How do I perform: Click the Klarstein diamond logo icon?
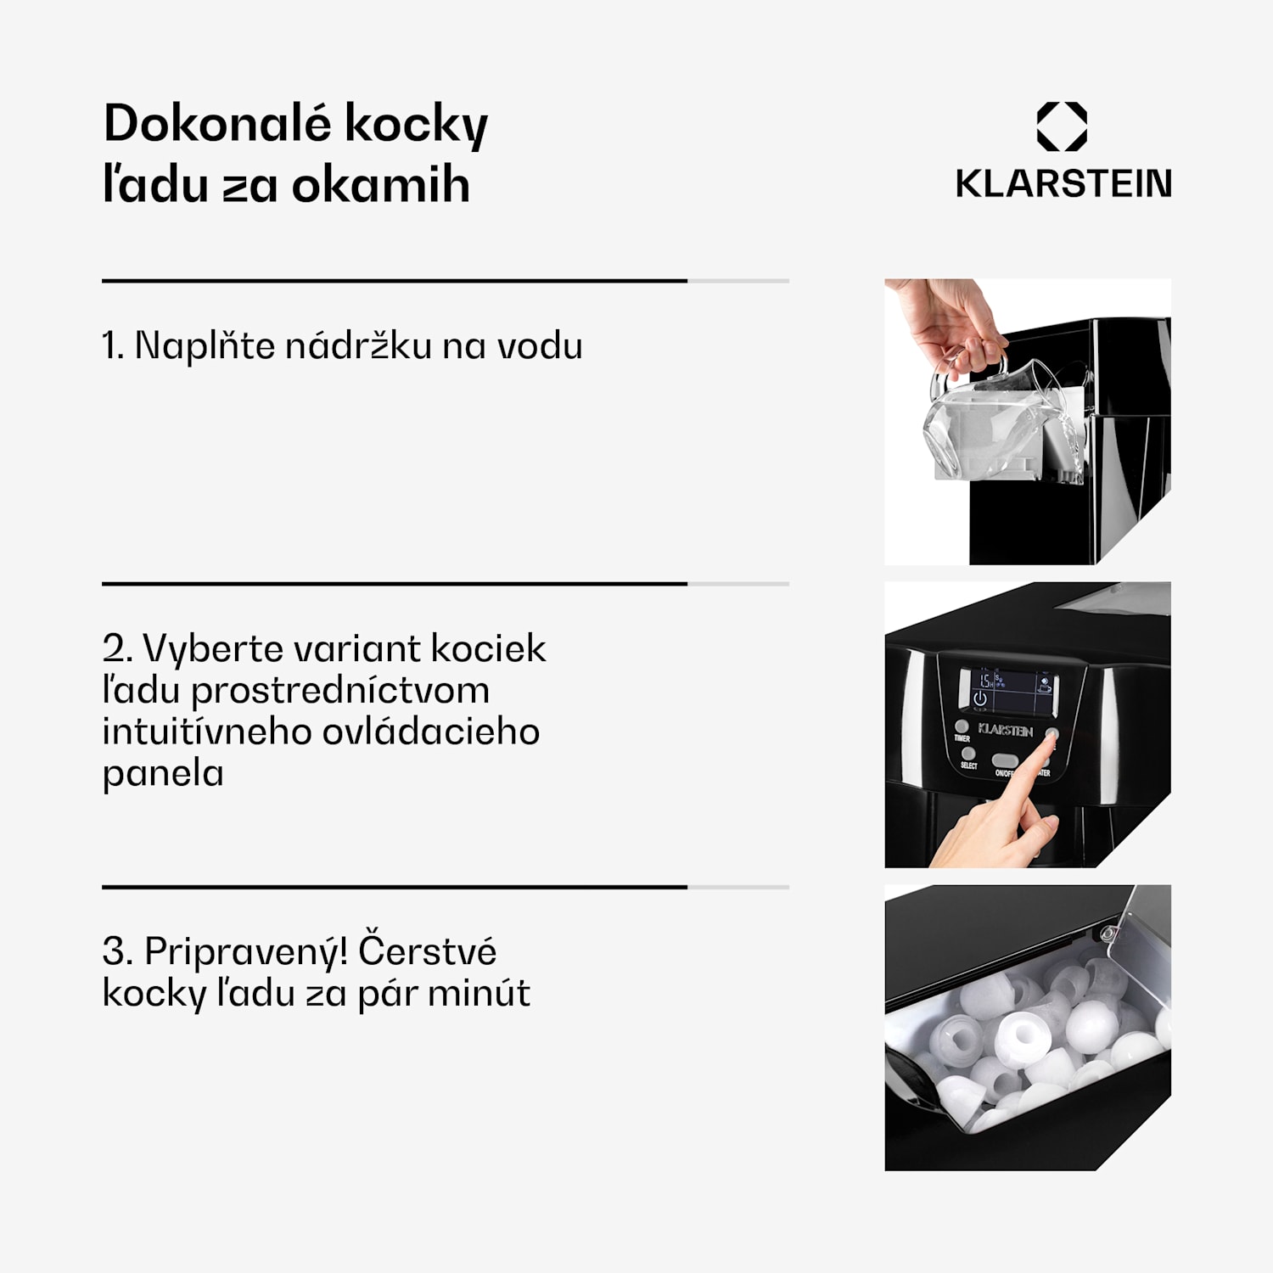[x=1062, y=126]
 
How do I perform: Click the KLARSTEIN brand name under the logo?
[x=1063, y=183]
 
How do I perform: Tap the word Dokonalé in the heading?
[x=216, y=124]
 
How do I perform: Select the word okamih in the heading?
[x=380, y=185]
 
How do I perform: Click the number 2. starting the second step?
[x=117, y=648]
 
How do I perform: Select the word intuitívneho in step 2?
[x=206, y=732]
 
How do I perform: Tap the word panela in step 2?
[x=162, y=773]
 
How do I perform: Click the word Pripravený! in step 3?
[x=245, y=951]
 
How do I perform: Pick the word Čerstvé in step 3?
[x=427, y=951]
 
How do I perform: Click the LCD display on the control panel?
[x=1007, y=690]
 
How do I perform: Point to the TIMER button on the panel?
[x=962, y=727]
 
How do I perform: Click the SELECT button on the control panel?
[x=968, y=754]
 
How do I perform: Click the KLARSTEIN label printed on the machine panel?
[x=1006, y=730]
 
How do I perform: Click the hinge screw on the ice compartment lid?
[x=1107, y=934]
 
